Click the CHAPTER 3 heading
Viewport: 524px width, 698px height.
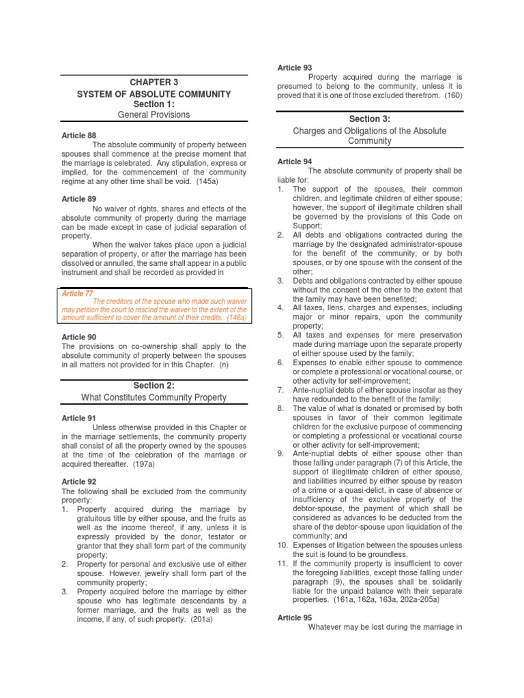point(154,82)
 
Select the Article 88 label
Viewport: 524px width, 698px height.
point(78,136)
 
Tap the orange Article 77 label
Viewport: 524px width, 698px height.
point(78,293)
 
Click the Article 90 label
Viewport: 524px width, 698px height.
point(78,337)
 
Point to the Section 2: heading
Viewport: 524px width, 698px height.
point(154,386)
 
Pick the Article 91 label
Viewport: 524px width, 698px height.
point(78,418)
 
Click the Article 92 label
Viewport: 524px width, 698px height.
point(78,481)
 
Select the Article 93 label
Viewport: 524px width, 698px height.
point(294,67)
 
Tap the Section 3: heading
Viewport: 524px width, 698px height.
point(369,119)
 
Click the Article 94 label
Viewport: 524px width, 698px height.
point(294,162)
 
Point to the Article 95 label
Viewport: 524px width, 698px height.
point(294,617)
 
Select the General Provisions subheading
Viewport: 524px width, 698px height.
point(154,115)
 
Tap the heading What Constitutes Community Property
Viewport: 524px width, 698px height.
point(154,397)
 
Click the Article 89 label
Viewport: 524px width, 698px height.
point(78,198)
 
